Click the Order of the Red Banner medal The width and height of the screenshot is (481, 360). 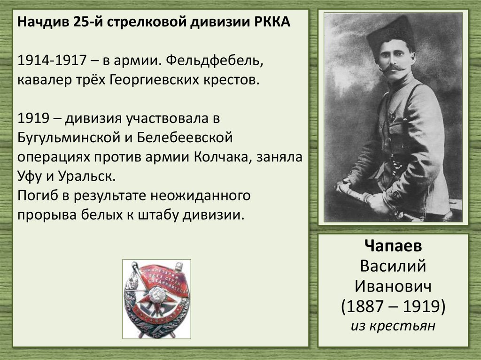click(x=156, y=299)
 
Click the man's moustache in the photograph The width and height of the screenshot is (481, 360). click(x=393, y=69)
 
